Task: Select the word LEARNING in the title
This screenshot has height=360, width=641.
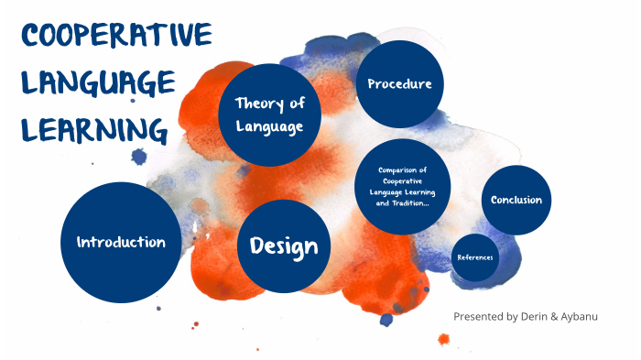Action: pos(95,132)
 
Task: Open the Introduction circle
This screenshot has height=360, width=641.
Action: pos(121,243)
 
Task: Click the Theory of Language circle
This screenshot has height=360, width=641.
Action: pos(269,115)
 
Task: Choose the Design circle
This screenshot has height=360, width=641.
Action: pos(284,245)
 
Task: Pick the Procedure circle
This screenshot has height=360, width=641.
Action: pos(399,84)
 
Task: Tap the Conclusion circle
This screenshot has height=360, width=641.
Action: pos(516,200)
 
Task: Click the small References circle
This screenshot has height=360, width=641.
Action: pos(475,256)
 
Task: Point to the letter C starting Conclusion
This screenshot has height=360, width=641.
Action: pos(495,200)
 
